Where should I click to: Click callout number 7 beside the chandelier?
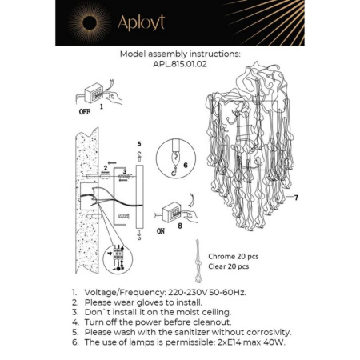[x=295, y=197]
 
